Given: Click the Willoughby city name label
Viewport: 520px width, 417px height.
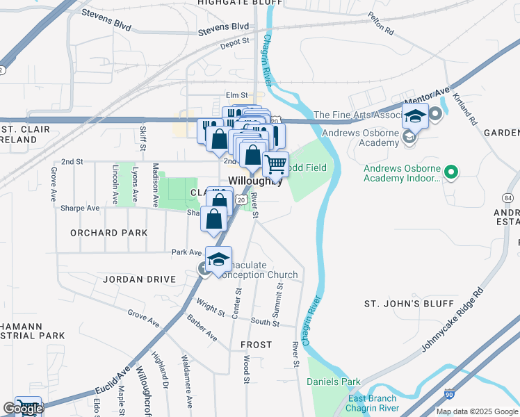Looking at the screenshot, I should [x=255, y=181].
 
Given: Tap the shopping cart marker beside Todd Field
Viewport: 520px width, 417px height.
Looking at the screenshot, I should [x=276, y=165].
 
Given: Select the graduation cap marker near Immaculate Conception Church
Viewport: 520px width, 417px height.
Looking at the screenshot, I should [x=219, y=261].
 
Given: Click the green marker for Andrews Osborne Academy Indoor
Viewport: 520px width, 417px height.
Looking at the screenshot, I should [x=450, y=170].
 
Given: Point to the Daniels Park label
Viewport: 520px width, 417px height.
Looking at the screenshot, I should [x=334, y=382].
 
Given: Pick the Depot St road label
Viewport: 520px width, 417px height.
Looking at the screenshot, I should [x=234, y=42].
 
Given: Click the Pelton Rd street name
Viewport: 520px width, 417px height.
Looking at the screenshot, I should [x=380, y=27].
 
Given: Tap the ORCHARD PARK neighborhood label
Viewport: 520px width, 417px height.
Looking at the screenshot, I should [x=109, y=233].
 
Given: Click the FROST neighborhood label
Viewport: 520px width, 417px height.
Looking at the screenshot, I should [x=256, y=345].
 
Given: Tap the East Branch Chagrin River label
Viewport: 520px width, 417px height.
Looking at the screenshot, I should [x=372, y=403].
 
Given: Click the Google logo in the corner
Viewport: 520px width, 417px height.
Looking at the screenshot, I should [x=23, y=409].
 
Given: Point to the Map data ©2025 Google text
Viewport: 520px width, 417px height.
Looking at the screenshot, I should [x=476, y=411].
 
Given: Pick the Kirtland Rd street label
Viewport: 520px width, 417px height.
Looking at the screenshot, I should [x=472, y=110].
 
